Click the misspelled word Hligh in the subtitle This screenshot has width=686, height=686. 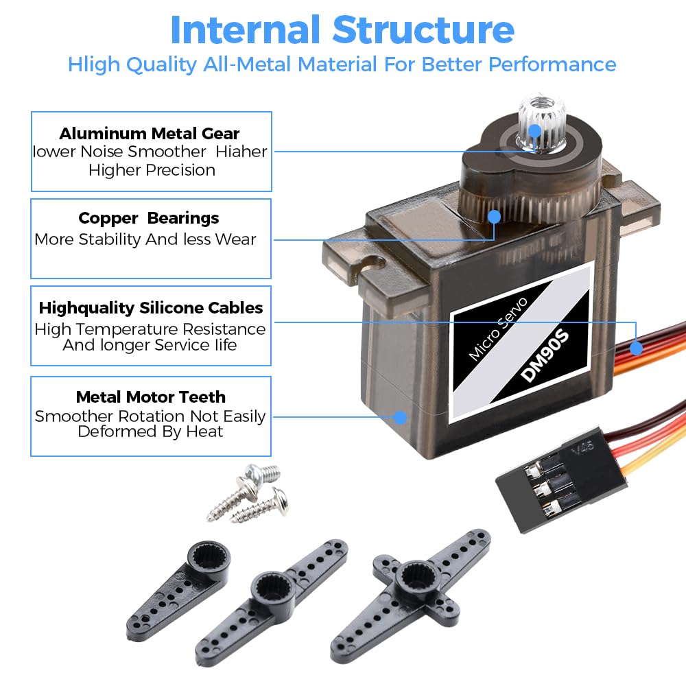click(x=92, y=64)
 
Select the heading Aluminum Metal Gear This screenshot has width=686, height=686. click(x=150, y=133)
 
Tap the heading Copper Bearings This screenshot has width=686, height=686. click(x=149, y=218)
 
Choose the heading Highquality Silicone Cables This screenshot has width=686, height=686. click(x=151, y=307)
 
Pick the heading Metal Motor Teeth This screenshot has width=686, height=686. click(x=151, y=397)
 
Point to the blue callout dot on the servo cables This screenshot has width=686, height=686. click(x=637, y=348)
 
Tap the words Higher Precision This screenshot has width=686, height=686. click(x=152, y=170)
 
